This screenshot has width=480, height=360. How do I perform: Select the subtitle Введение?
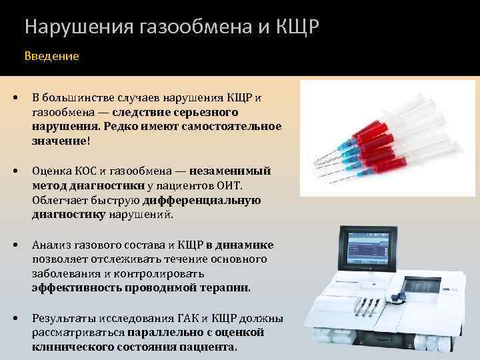(52, 57)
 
